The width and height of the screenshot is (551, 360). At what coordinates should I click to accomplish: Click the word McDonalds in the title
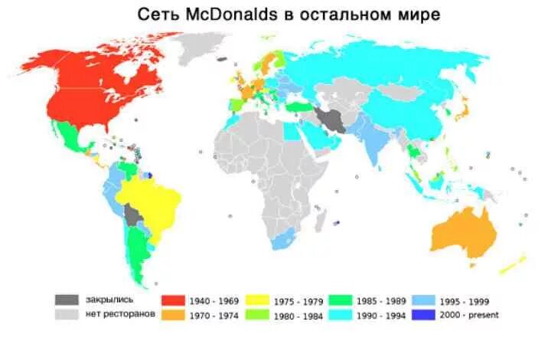pos(220,15)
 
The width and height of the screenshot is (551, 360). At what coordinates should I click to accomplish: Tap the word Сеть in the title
pos(157,15)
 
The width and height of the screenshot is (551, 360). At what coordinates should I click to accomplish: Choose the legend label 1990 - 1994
pos(386,315)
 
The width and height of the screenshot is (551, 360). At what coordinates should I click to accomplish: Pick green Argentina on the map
pos(138,253)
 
